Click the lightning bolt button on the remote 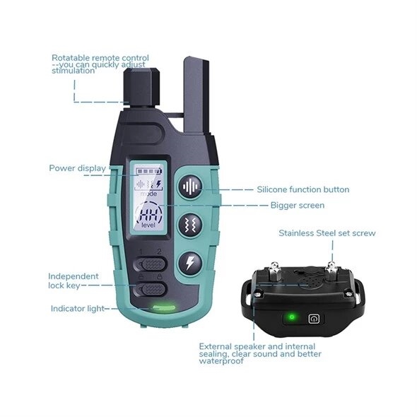pos(190,263)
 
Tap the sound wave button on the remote pos(190,187)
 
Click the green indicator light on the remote pos(163,307)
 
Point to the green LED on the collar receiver pos(291,317)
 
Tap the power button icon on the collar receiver pos(314,319)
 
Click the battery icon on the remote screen pos(149,171)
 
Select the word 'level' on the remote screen pos(148,225)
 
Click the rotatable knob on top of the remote pos(141,87)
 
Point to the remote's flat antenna pos(196,95)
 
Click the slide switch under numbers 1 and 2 pos(151,264)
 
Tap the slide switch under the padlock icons pos(151,289)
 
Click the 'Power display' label pos(77,168)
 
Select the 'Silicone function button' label pos(303,189)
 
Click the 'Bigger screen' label pos(298,205)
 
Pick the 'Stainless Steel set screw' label pos(327,233)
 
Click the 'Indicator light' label pos(77,308)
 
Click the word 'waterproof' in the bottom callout pos(221,361)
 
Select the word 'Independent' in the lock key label pos(74,276)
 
